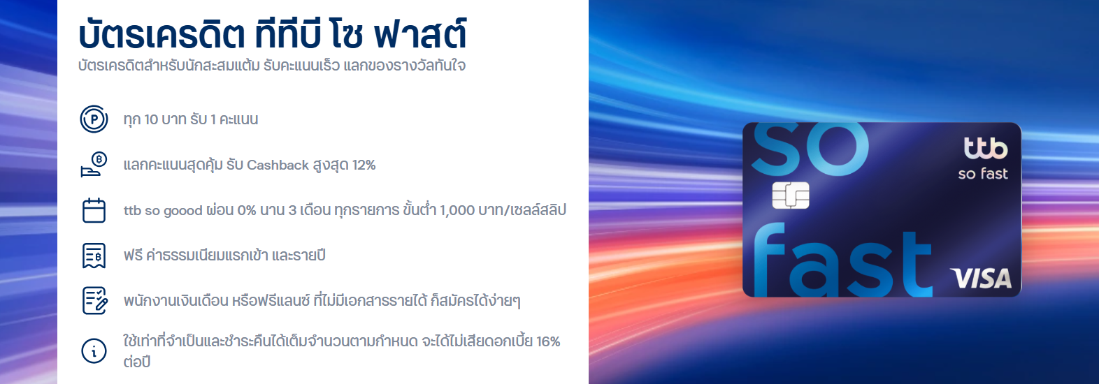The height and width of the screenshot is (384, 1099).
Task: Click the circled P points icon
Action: tap(94, 119)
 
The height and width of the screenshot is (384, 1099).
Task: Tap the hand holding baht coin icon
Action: tap(94, 165)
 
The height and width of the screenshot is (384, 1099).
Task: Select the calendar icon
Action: tap(94, 210)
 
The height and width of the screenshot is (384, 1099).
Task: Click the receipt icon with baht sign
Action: tap(94, 256)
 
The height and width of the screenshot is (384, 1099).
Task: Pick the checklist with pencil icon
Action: tap(94, 301)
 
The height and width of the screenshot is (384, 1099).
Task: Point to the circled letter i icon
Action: tap(94, 350)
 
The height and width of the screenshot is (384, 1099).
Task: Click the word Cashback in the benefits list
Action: tap(278, 165)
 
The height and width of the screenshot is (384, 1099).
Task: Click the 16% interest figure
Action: tap(548, 341)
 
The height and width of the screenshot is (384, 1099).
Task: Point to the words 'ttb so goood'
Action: tap(163, 211)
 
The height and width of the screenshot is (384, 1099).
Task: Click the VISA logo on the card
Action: tap(980, 279)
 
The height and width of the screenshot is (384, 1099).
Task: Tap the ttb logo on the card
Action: tap(985, 148)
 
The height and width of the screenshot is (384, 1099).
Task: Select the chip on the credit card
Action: tap(791, 195)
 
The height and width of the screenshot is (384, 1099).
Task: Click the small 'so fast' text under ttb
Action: tap(983, 174)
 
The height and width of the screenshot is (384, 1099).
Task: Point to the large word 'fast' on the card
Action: tap(842, 259)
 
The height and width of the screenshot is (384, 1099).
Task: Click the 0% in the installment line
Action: tap(247, 211)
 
